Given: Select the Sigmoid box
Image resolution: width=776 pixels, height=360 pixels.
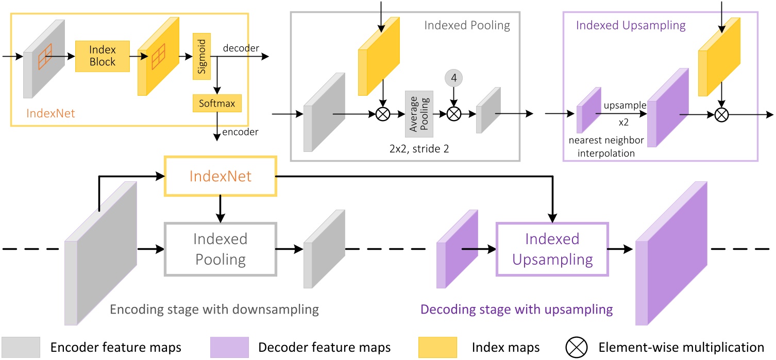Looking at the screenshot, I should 201,57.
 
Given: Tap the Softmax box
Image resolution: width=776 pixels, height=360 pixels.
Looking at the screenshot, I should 216,104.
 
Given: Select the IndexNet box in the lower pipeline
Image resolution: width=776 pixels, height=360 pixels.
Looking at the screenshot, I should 220,176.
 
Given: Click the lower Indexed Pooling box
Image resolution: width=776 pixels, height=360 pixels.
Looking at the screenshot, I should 221,249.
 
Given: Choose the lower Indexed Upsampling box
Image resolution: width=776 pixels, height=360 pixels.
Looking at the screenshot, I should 552,249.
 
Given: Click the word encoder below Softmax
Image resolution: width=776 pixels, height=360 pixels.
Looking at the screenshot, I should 240,132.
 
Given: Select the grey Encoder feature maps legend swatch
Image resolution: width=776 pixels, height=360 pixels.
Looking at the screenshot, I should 21,347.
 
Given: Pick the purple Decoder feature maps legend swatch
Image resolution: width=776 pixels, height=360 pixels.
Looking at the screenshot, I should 229,347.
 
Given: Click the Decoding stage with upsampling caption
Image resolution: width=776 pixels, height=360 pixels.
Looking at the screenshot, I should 516,309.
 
